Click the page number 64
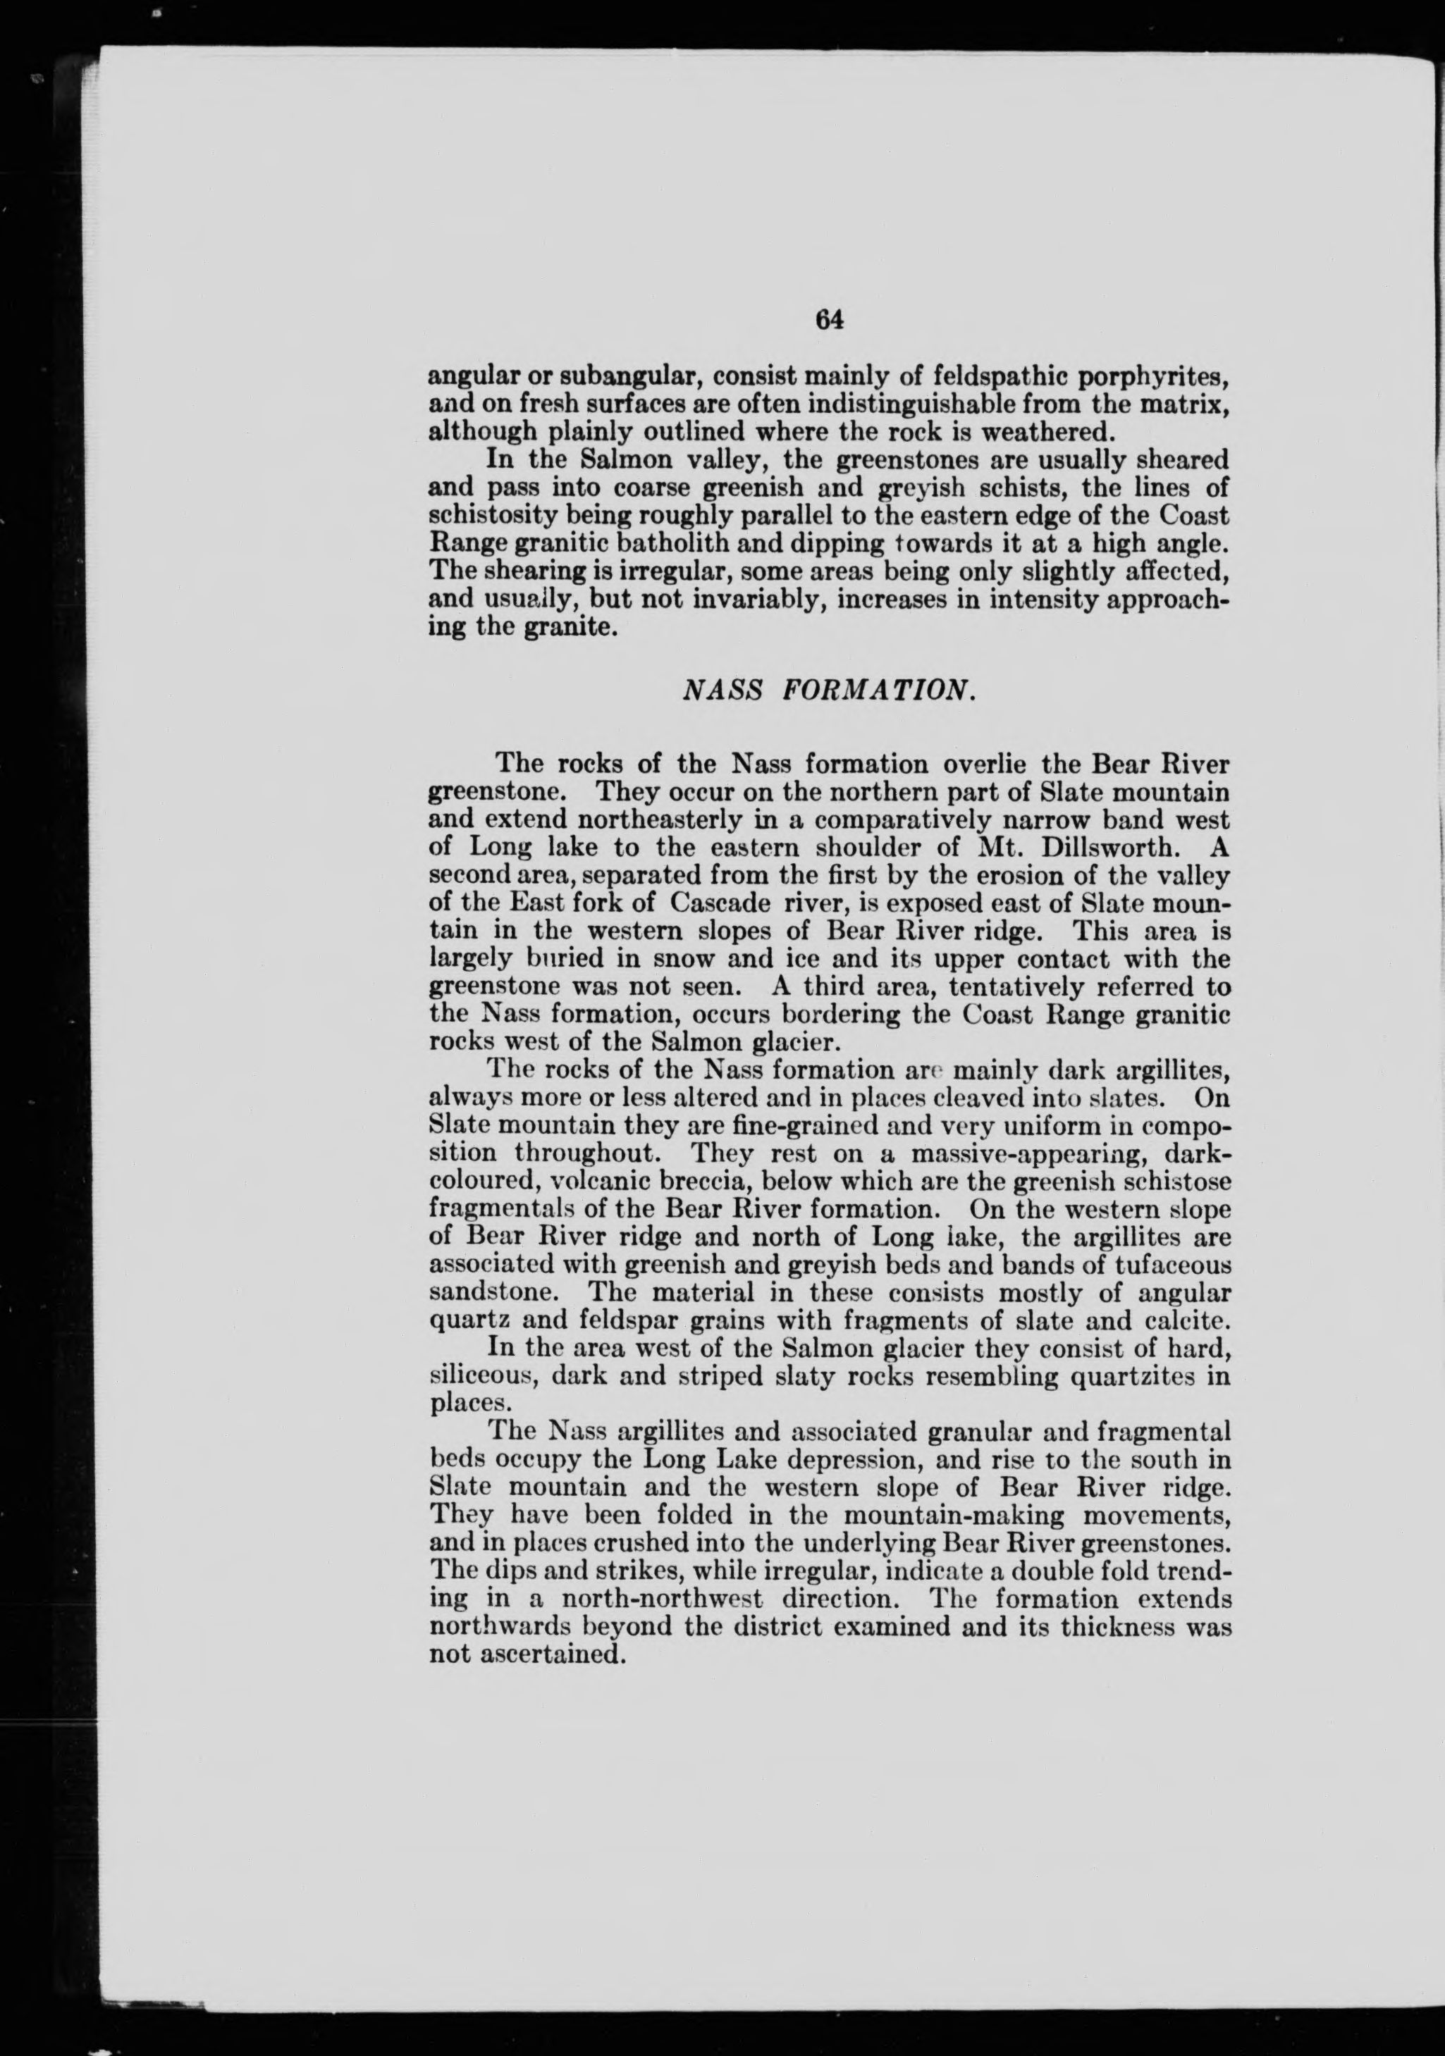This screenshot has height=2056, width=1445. [x=830, y=320]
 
